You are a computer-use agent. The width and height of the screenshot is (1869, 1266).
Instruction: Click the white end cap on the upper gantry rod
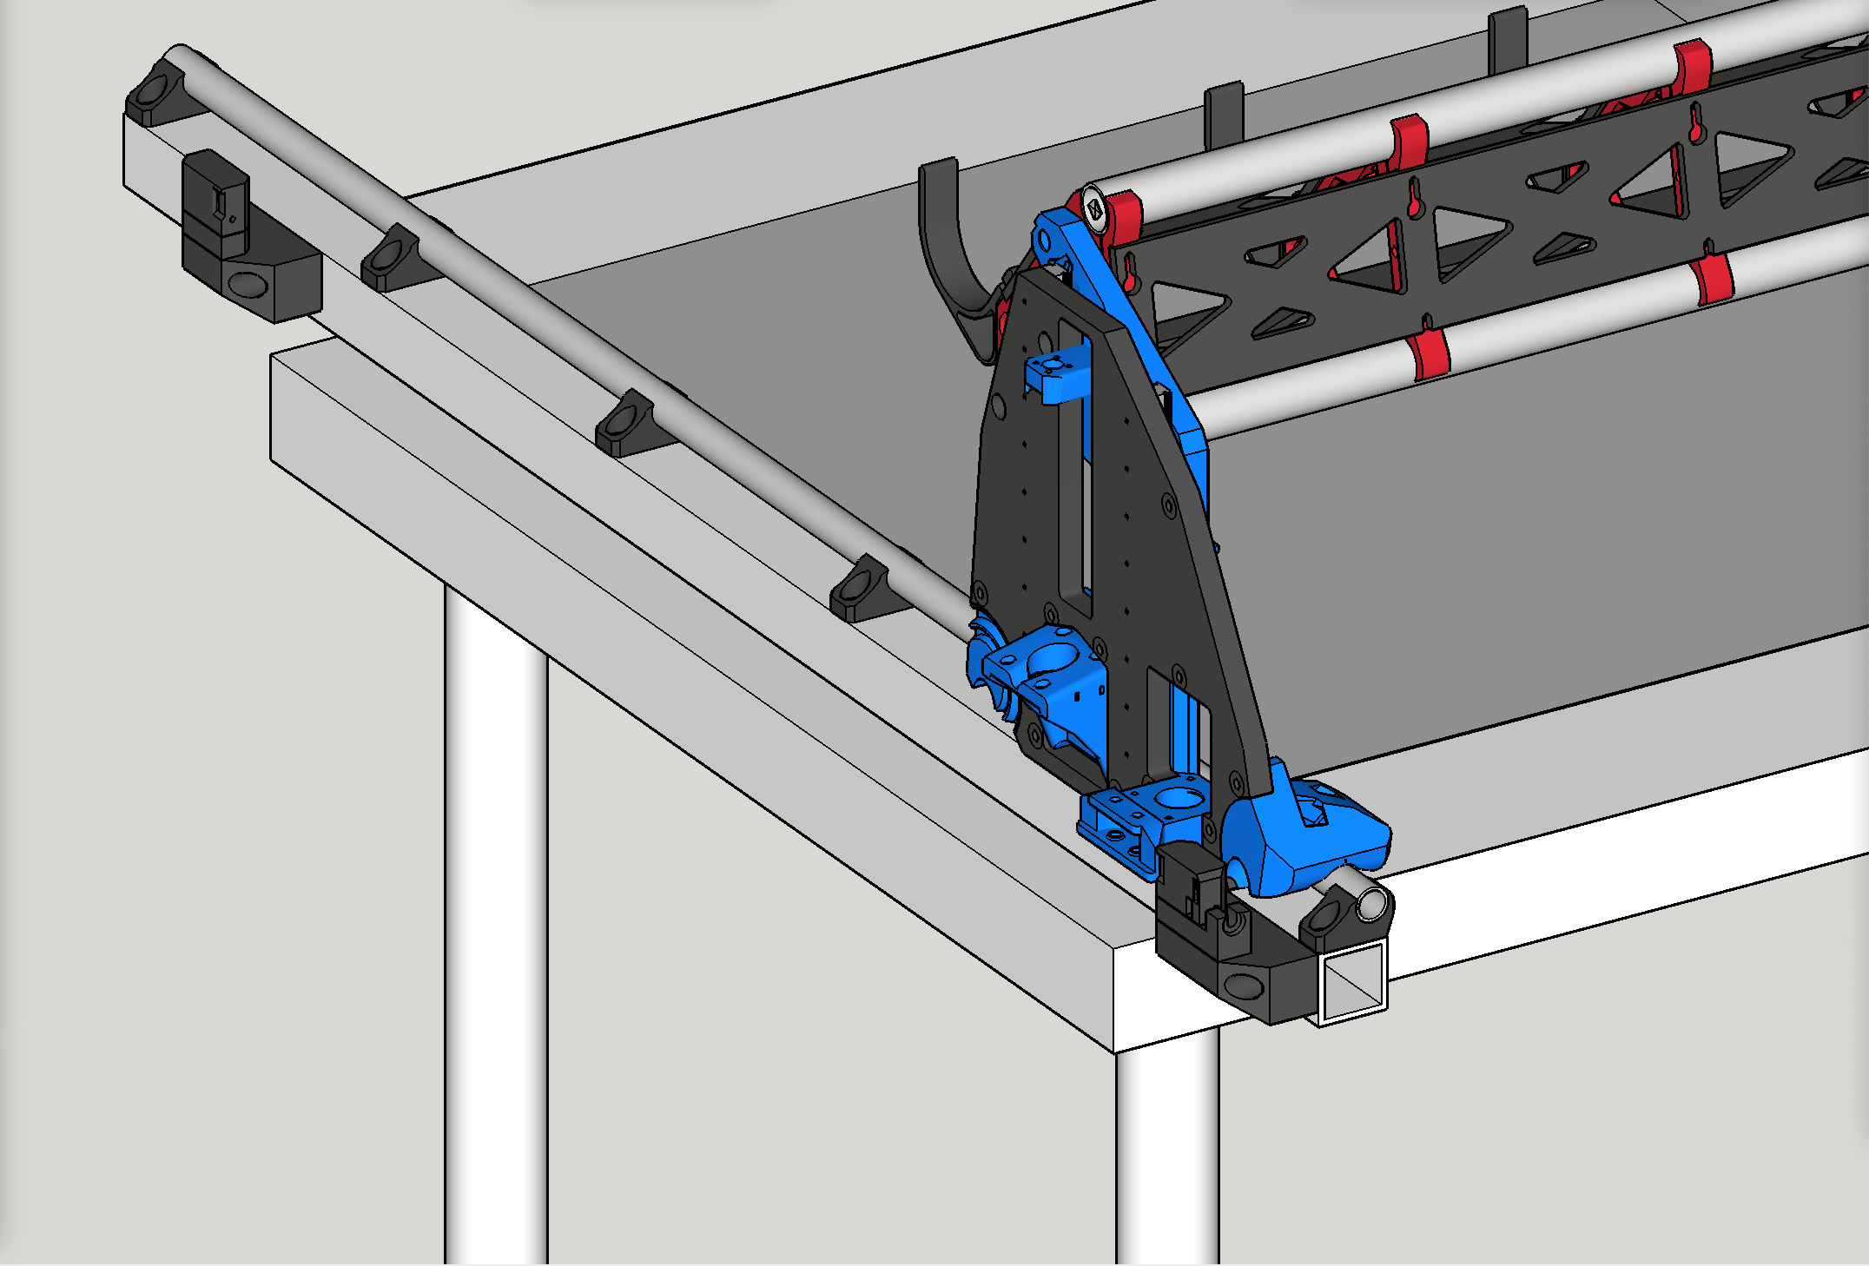click(x=1095, y=209)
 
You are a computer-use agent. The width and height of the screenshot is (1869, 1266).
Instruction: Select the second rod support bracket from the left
click(x=390, y=258)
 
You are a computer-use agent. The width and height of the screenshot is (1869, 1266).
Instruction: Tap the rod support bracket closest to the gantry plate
click(x=860, y=590)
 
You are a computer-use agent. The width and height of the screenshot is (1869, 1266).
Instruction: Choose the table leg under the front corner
click(x=1167, y=1155)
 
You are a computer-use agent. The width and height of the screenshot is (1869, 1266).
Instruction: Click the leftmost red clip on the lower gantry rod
click(x=1427, y=351)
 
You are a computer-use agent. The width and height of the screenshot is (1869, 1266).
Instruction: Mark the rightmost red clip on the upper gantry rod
click(x=1691, y=66)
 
